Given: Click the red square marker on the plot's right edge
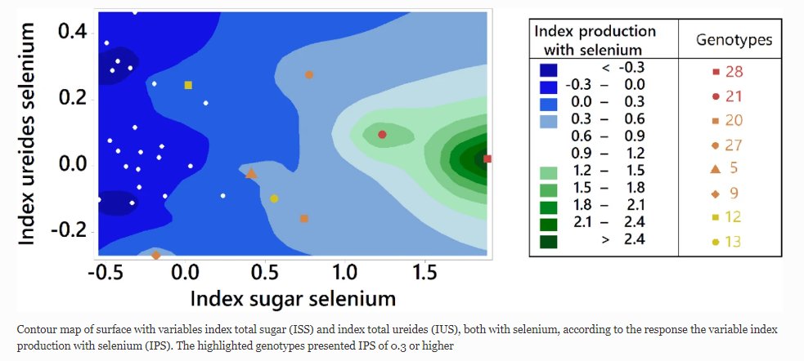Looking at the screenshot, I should pyautogui.click(x=487, y=158).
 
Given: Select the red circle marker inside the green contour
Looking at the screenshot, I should pyautogui.click(x=382, y=134).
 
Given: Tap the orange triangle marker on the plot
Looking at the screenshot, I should pyautogui.click(x=251, y=173).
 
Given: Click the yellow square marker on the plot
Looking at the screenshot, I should pyautogui.click(x=188, y=85).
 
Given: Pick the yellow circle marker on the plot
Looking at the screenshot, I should pyautogui.click(x=274, y=198).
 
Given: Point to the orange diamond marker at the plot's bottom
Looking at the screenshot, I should pyautogui.click(x=155, y=256).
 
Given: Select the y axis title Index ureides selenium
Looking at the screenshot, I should pyautogui.click(x=27, y=134).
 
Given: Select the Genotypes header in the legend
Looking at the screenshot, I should pyautogui.click(x=734, y=39).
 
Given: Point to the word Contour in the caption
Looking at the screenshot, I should pyautogui.click(x=36, y=329).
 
